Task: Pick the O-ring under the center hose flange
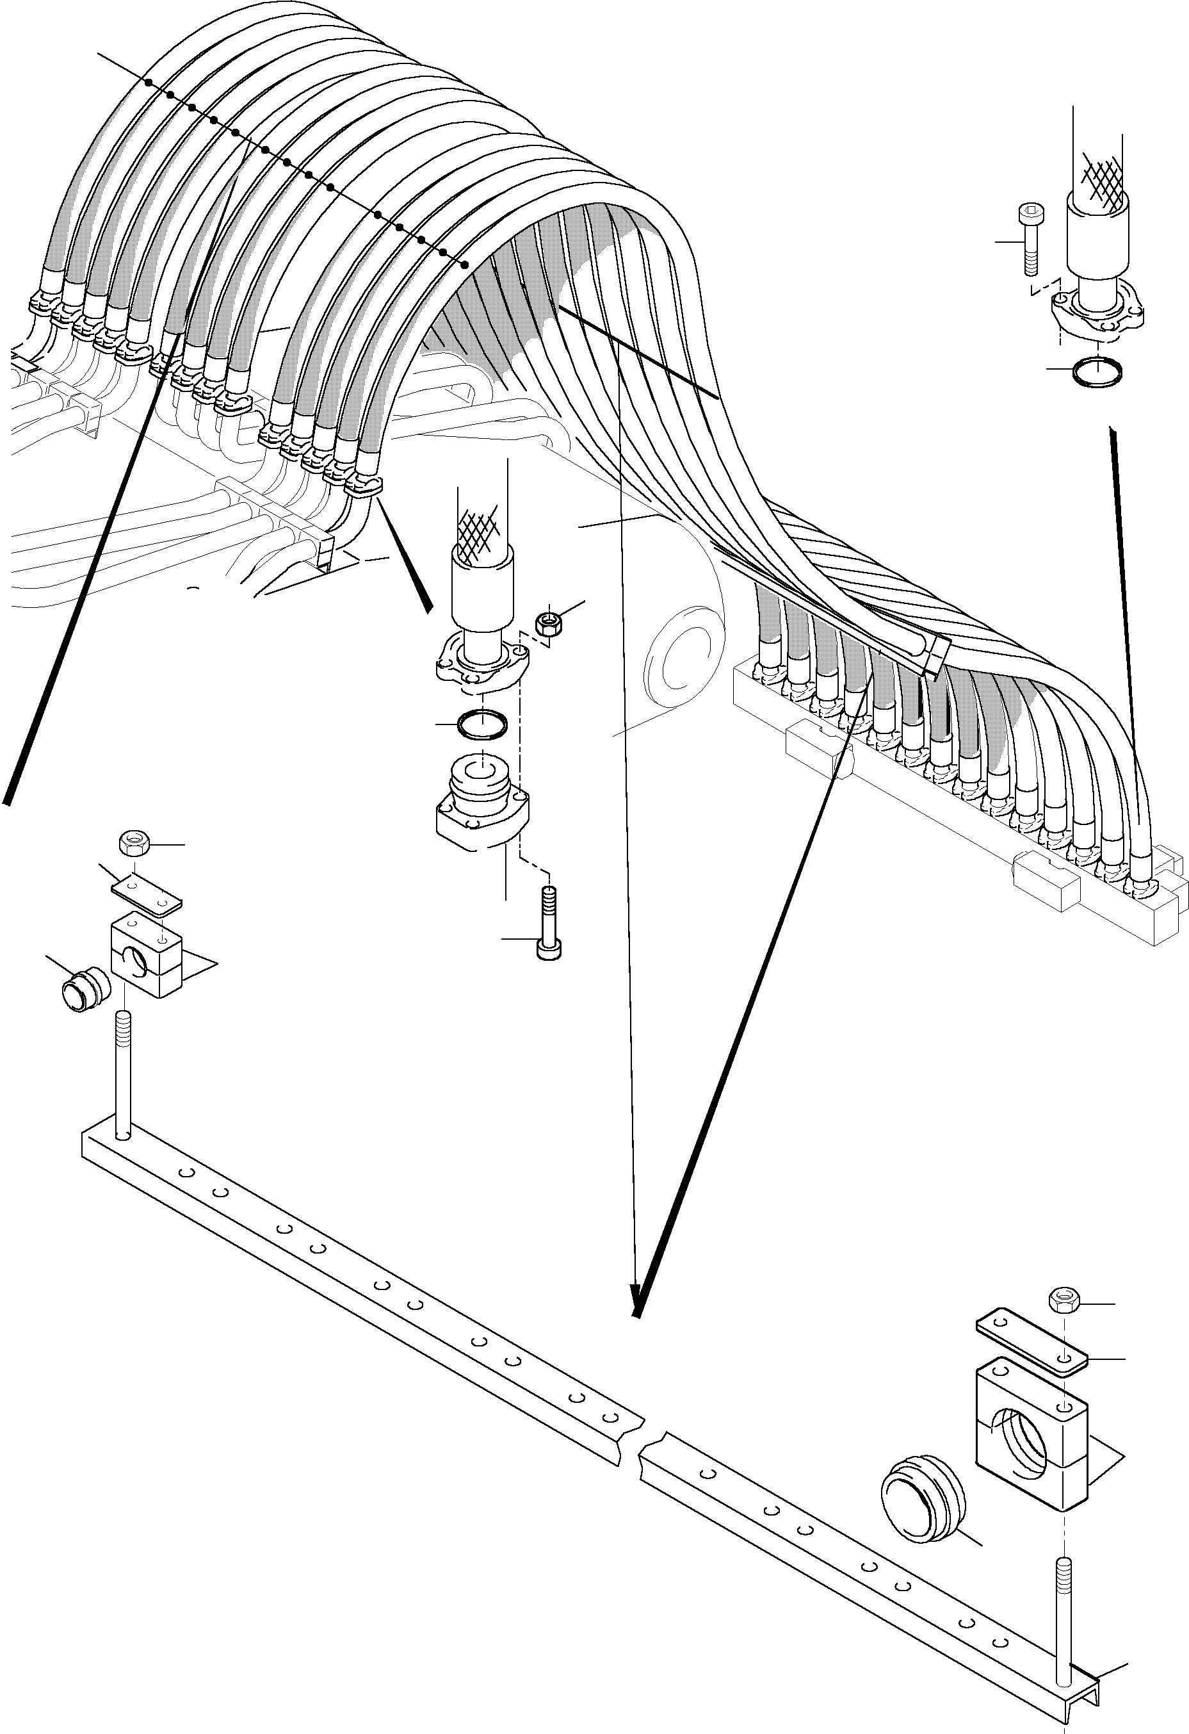tap(483, 724)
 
